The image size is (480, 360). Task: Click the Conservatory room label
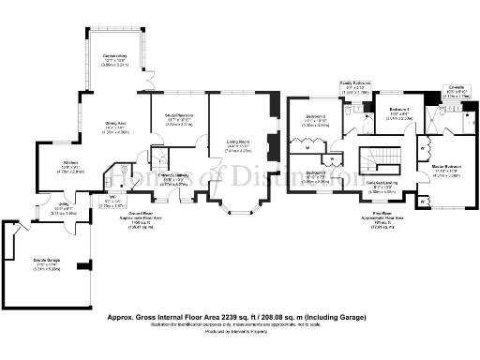coord(114,62)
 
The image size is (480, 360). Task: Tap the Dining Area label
coord(116,128)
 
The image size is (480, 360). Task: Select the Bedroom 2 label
coord(314,121)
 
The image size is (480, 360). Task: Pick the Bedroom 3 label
coord(315,175)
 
